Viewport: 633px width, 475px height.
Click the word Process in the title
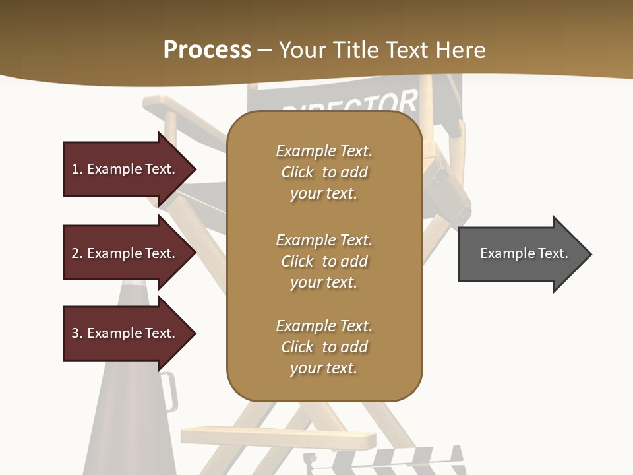(x=207, y=50)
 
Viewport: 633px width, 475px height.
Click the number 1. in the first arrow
(x=77, y=169)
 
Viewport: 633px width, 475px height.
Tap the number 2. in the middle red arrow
(x=77, y=253)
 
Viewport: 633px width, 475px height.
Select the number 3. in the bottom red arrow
(x=77, y=333)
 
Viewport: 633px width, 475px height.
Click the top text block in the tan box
(x=324, y=172)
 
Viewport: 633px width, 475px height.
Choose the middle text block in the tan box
(x=324, y=261)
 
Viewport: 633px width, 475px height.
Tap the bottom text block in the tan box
(x=324, y=347)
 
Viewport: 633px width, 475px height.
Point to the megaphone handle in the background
(x=169, y=392)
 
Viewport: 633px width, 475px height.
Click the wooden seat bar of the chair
(x=277, y=437)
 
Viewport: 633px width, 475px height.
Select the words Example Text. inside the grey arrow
(x=524, y=253)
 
